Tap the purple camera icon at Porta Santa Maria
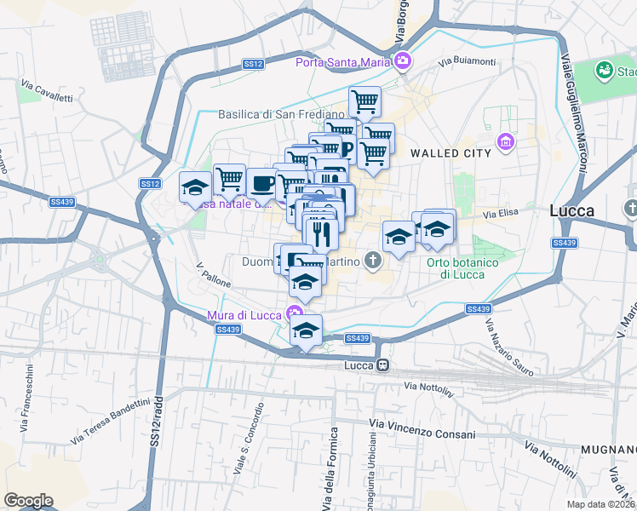[x=402, y=60]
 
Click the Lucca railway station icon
[x=383, y=365]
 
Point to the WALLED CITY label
[x=450, y=152]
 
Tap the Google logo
[x=28, y=500]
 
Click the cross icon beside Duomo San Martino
[x=372, y=259]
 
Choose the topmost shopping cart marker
[x=364, y=102]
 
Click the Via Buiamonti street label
[x=467, y=61]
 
